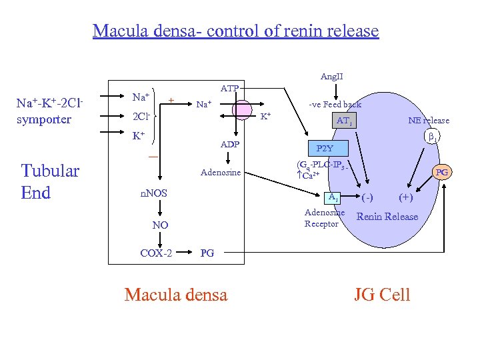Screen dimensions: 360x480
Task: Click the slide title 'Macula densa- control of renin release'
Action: [235, 31]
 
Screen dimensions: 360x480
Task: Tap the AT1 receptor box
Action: [344, 121]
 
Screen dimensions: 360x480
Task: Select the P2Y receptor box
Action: [326, 149]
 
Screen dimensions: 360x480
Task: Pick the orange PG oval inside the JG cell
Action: [441, 173]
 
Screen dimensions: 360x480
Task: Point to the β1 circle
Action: [431, 137]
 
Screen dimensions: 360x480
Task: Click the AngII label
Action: [332, 77]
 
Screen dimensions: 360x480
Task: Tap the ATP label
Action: [229, 88]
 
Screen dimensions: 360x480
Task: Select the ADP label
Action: [229, 145]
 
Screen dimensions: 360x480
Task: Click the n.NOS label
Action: [153, 193]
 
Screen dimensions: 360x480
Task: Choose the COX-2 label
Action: [156, 253]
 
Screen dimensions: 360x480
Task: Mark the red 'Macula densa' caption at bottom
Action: [175, 294]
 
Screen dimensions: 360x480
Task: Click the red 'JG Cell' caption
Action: [382, 294]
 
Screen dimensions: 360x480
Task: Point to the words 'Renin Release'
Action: [387, 216]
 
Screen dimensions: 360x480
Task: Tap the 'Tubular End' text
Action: [50, 181]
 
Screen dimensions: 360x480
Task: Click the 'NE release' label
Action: [429, 120]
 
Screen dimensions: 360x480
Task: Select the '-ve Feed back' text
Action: [335, 104]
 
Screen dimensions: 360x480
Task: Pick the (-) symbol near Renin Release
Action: [367, 198]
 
